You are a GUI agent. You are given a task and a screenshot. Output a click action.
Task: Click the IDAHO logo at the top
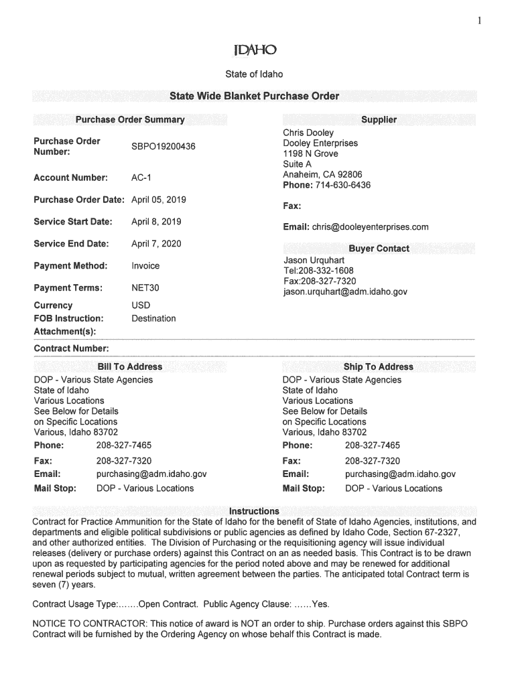click(x=254, y=51)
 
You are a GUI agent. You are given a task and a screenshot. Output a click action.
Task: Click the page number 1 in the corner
click(x=480, y=21)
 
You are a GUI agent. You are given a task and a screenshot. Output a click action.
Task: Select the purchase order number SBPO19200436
click(x=164, y=147)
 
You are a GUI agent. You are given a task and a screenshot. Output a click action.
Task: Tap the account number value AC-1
click(x=141, y=178)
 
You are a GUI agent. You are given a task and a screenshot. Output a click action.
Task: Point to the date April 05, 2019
click(x=159, y=200)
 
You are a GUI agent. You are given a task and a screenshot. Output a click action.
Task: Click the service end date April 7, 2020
click(x=156, y=244)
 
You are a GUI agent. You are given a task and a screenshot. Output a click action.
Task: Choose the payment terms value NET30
click(x=145, y=288)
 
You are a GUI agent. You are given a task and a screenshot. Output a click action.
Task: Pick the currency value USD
click(x=141, y=305)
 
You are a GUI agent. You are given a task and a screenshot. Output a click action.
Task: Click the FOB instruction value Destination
click(x=153, y=318)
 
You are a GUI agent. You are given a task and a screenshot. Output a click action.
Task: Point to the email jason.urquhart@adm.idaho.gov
click(x=345, y=292)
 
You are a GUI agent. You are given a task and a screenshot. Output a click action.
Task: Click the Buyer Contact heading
click(x=379, y=249)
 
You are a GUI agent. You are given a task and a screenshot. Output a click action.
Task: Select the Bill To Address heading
click(x=130, y=366)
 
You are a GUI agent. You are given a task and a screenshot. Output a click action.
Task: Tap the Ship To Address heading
click(x=379, y=366)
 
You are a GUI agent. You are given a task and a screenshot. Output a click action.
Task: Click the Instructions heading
click(x=254, y=511)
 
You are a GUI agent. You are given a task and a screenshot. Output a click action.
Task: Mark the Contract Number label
click(x=71, y=349)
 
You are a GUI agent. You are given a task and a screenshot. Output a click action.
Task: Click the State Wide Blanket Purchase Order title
click(x=254, y=96)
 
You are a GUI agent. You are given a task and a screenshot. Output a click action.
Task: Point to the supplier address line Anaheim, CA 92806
click(x=322, y=175)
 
